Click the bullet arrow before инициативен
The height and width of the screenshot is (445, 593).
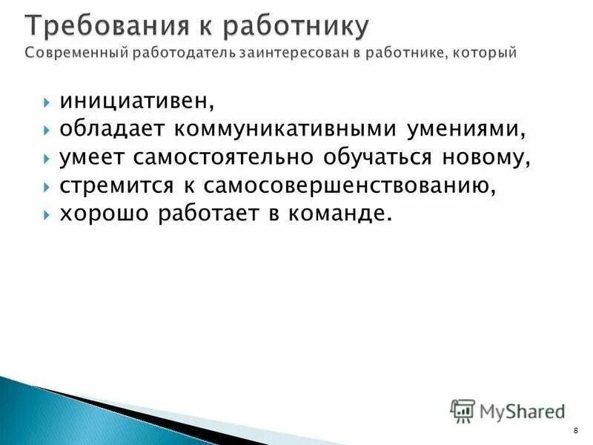(46, 101)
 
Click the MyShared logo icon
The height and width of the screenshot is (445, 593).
(463, 410)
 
